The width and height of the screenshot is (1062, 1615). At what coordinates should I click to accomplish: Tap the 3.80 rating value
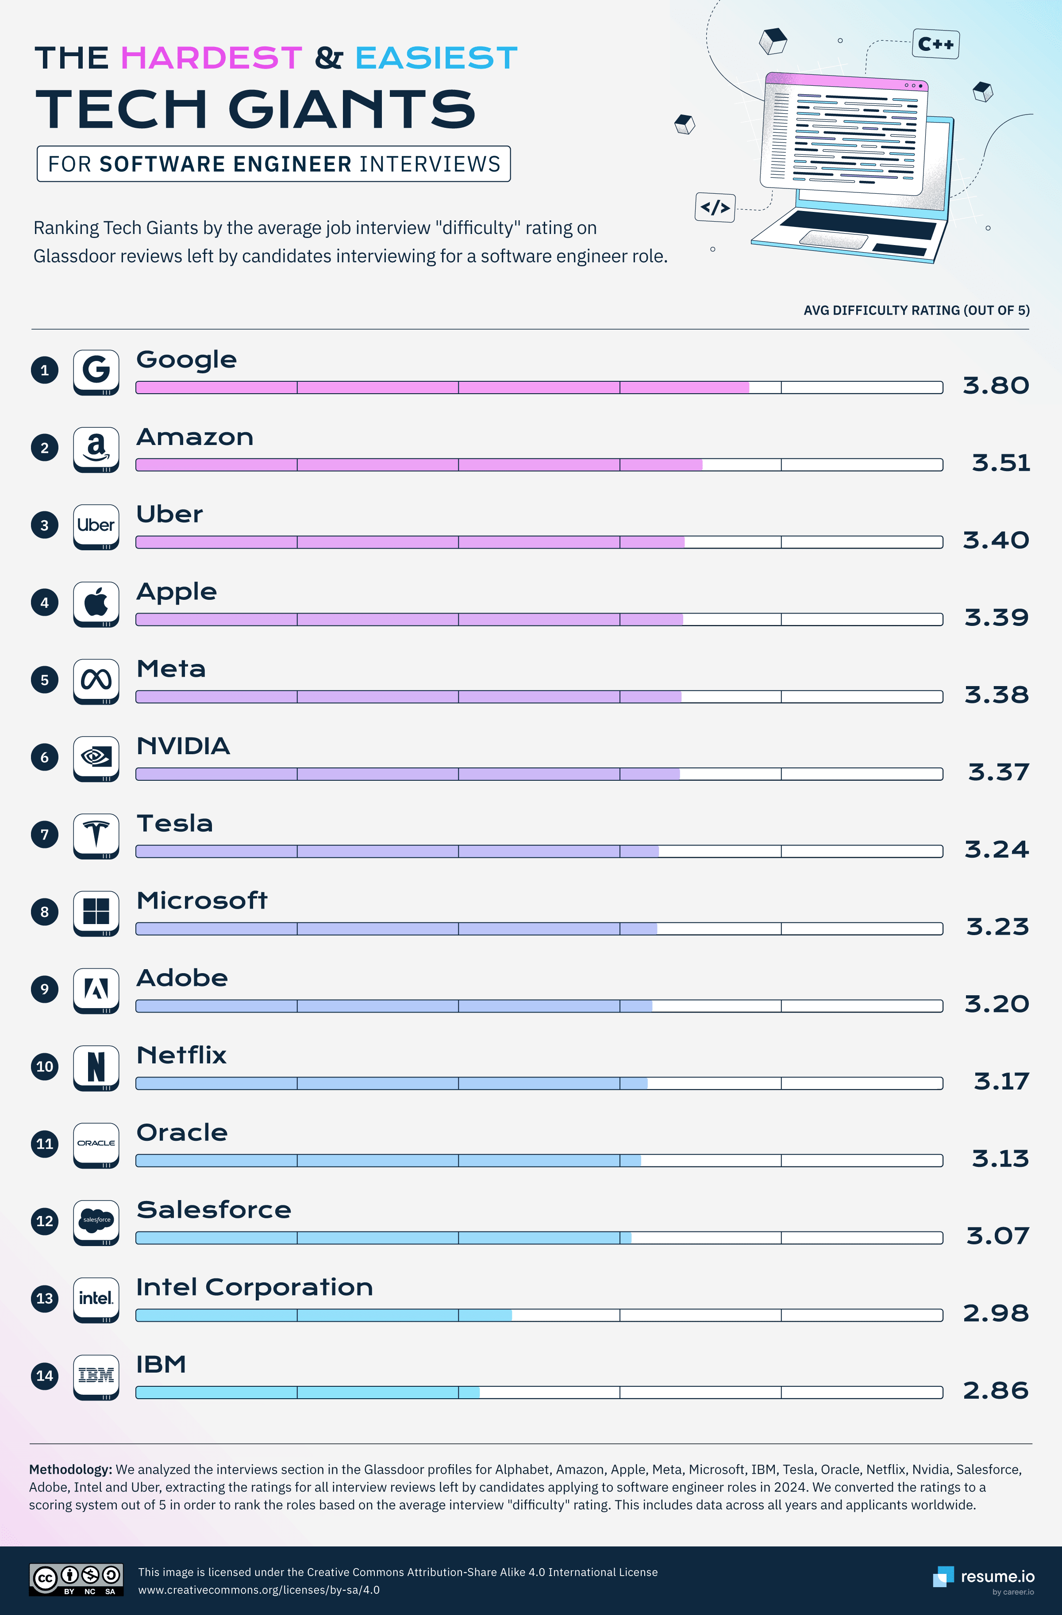(996, 385)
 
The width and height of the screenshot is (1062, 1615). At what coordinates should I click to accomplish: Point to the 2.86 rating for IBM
(996, 1390)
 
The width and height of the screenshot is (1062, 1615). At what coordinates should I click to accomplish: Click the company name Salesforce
(214, 1210)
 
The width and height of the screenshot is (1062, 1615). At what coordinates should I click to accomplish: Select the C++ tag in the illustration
(936, 44)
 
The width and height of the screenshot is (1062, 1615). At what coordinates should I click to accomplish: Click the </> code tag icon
(715, 207)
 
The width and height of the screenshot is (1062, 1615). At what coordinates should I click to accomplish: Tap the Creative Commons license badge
(76, 1579)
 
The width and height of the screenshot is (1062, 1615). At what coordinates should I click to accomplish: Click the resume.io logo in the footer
(984, 1577)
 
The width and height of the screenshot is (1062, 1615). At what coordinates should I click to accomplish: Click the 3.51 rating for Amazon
(1000, 463)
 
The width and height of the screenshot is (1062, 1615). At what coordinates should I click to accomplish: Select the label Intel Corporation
(254, 1287)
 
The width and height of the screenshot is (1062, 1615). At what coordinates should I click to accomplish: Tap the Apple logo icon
(96, 602)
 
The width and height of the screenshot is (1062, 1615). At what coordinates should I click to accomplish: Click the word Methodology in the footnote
(70, 1469)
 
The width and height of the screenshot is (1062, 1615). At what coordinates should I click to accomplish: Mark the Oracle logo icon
(96, 1143)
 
